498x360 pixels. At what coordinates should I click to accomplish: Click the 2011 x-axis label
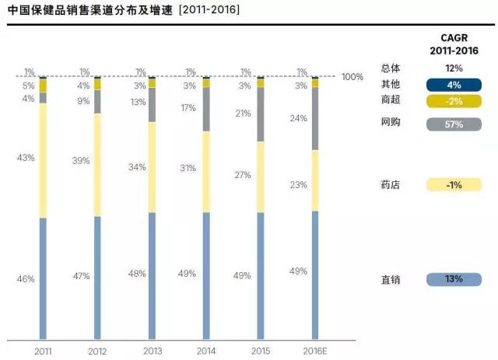[43, 351]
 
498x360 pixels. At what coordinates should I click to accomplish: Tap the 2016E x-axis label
[316, 351]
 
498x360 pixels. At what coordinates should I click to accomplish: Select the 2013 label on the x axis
[152, 351]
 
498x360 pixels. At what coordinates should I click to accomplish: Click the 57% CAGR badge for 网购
[454, 124]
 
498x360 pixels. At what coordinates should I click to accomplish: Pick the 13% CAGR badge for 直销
[454, 279]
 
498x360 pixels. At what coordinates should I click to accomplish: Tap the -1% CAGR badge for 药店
[454, 185]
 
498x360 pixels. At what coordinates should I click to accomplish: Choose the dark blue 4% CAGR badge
[454, 86]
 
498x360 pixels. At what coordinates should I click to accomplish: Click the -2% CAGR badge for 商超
[454, 101]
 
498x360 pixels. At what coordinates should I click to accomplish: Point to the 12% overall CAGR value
[454, 68]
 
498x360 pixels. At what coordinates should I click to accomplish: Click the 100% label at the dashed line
[352, 77]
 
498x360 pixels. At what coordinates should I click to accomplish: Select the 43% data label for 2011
[26, 158]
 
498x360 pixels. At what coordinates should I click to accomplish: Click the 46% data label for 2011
[26, 278]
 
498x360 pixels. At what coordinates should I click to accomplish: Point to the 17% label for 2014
[189, 108]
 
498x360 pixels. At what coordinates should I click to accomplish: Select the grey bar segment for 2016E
[315, 119]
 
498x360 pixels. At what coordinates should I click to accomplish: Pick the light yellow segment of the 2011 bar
[43, 160]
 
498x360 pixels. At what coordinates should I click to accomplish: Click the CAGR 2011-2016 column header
[455, 44]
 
